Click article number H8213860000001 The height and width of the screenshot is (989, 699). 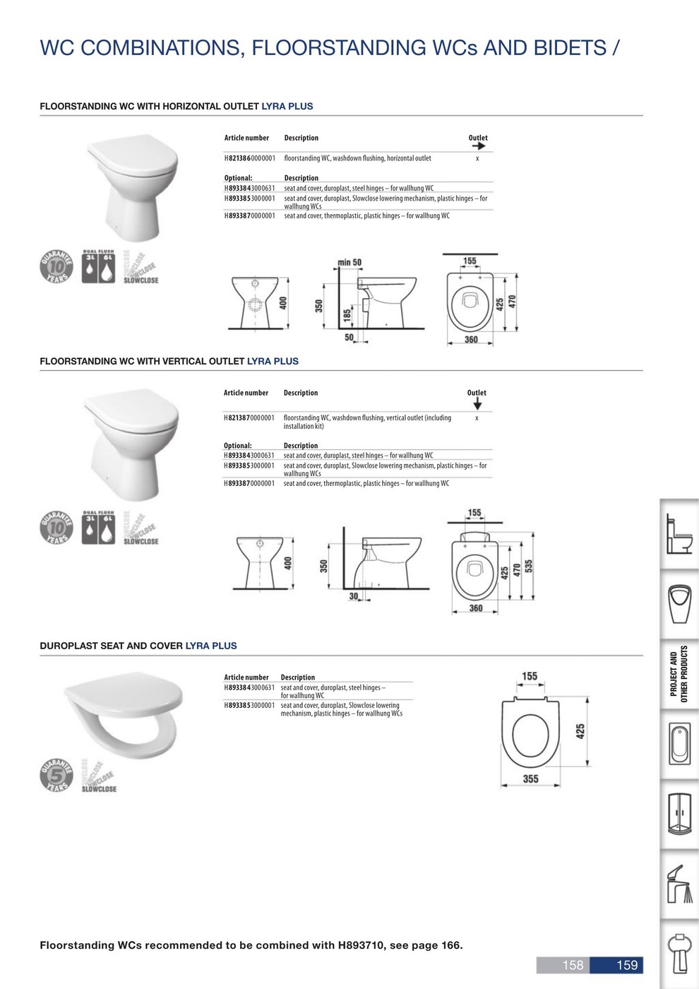250,158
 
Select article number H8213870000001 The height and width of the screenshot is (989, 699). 249,417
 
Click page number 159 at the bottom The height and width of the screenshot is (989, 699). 627,965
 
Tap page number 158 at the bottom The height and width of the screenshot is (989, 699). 573,965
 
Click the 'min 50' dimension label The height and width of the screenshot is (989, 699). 349,263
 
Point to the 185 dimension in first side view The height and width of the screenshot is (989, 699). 347,315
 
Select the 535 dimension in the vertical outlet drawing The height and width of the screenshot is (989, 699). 529,567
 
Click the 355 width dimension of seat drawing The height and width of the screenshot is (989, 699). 530,778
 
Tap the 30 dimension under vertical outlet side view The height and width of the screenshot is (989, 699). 353,597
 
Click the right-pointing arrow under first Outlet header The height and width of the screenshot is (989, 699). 478,146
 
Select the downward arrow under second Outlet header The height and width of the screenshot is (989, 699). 477,404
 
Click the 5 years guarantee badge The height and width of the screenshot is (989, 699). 56,776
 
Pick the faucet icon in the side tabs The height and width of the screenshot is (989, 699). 680,883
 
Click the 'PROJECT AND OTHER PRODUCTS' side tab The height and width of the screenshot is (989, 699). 679,674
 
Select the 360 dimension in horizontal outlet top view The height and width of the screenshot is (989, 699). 471,340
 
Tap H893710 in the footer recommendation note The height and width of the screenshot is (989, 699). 361,945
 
